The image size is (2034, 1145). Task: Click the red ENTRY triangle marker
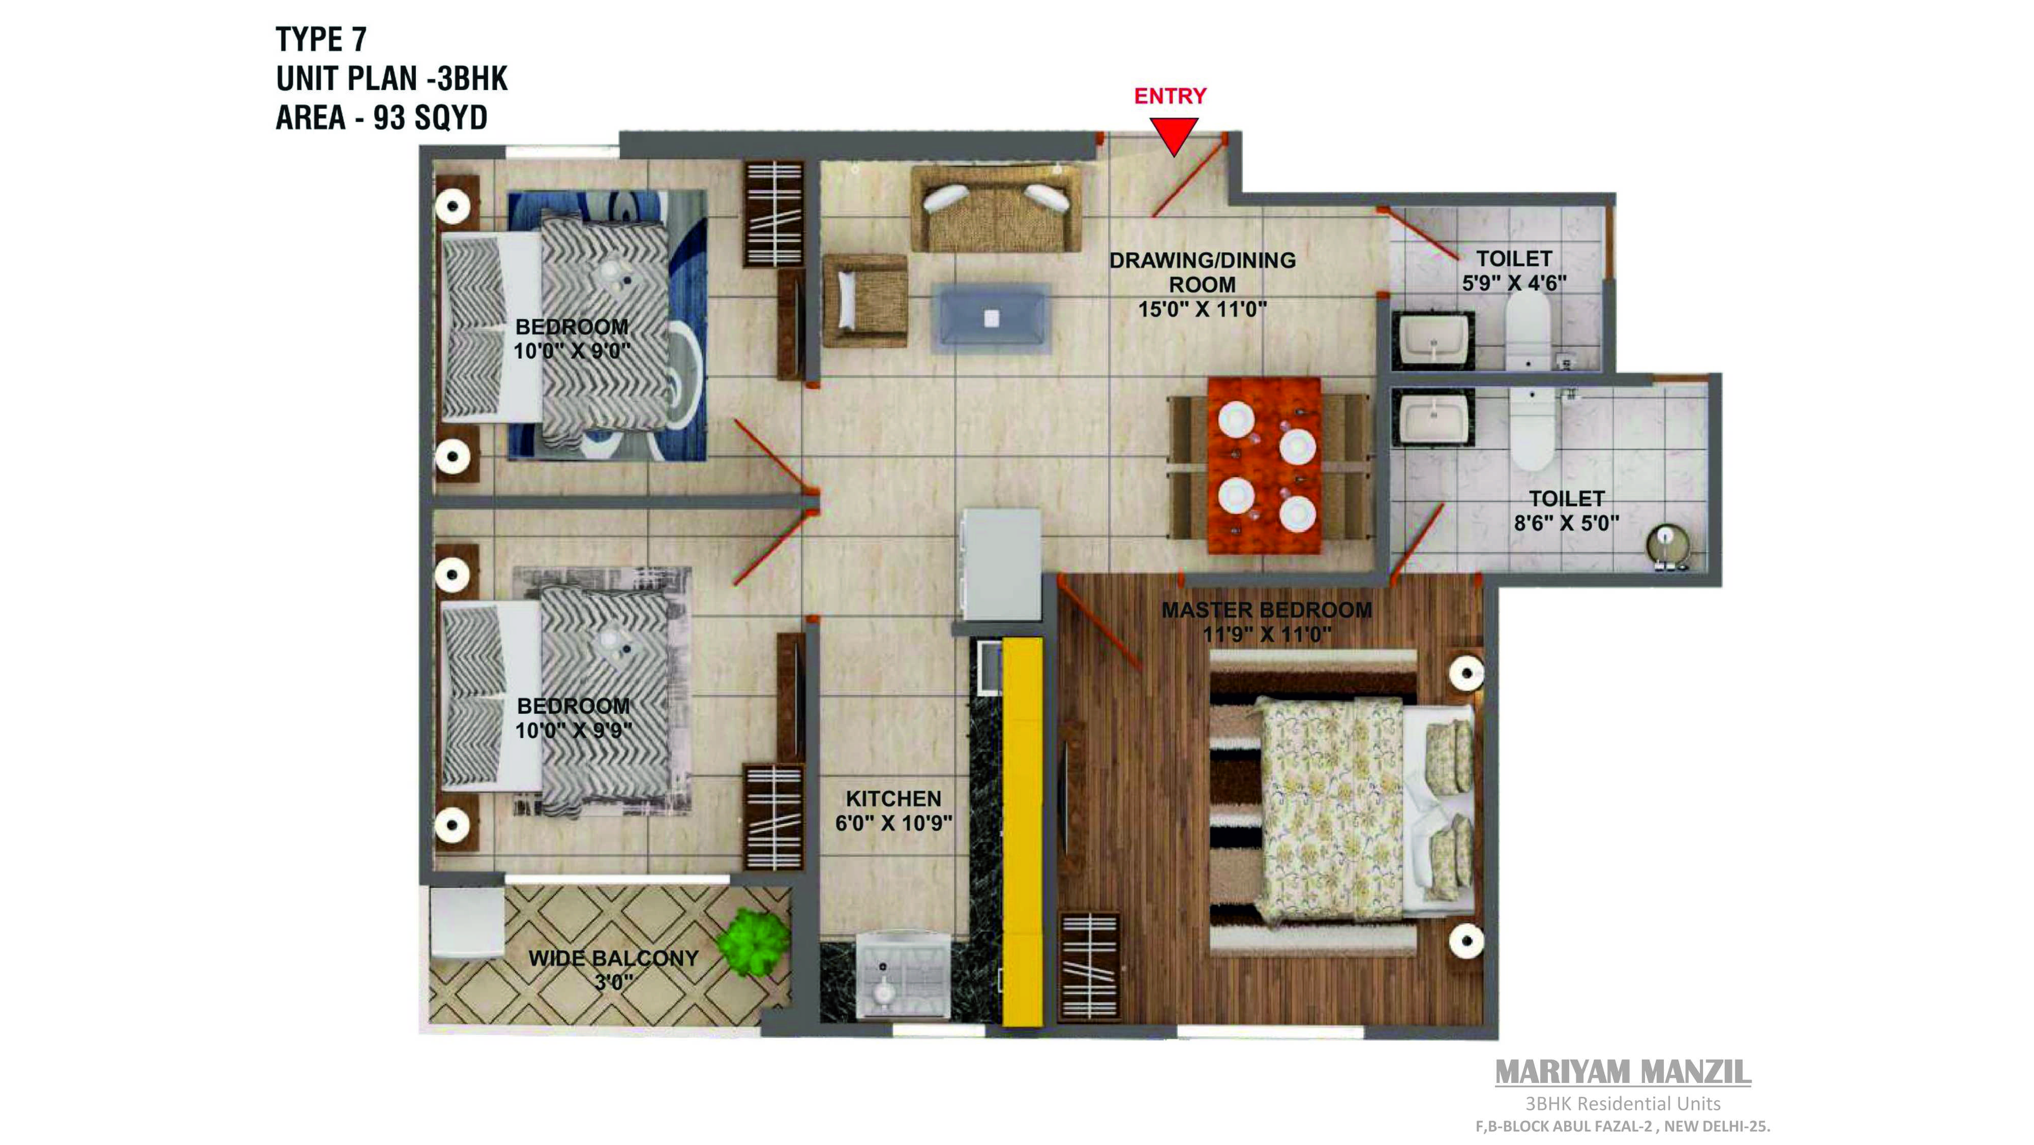1173,134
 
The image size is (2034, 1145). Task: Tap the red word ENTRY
1170,96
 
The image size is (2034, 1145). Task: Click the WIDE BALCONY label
614,958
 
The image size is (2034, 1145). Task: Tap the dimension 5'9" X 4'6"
1514,283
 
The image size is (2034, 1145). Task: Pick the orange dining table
1263,465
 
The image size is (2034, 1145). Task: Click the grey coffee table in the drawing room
991,317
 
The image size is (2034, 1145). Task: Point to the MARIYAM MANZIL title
1623,1072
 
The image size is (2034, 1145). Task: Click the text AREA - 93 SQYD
381,117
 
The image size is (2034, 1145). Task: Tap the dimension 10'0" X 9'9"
573,731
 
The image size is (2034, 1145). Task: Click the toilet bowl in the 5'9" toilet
1529,332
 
